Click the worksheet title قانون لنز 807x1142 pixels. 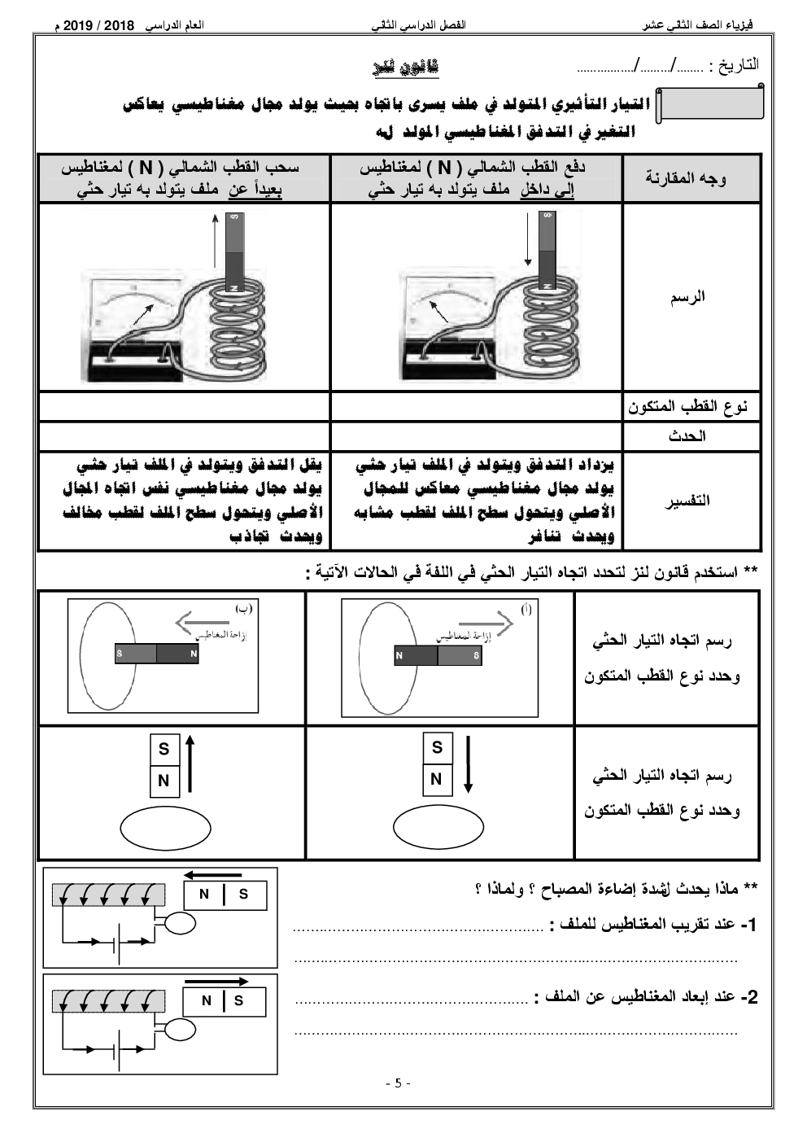tap(403, 68)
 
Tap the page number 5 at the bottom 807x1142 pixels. tap(398, 1083)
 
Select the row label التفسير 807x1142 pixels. tap(688, 501)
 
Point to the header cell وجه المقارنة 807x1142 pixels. tap(685, 178)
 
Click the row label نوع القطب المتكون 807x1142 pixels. tap(687, 406)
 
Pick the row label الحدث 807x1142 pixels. tap(688, 436)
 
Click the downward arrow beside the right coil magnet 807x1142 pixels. tap(529, 239)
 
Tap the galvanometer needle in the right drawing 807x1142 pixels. tap(438, 311)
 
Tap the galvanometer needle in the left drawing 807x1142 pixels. tap(143, 313)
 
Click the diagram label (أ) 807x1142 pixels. tap(526, 610)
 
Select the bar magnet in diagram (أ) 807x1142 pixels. tap(438, 654)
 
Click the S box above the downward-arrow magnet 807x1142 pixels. tap(437, 747)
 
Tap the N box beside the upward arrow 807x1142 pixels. tap(164, 781)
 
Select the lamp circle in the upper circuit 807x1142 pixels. tap(181, 922)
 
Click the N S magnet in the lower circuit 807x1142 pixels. tap(224, 1000)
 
